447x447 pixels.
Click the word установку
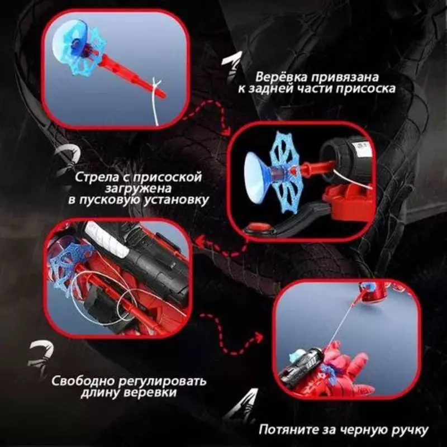tap(178, 200)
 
